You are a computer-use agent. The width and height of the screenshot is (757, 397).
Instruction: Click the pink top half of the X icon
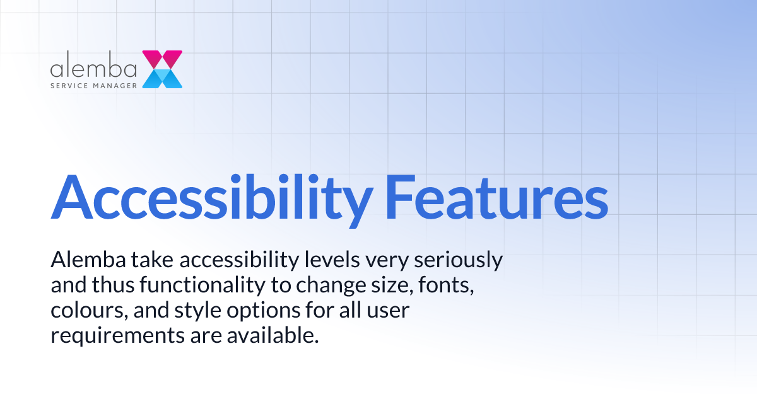162,59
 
